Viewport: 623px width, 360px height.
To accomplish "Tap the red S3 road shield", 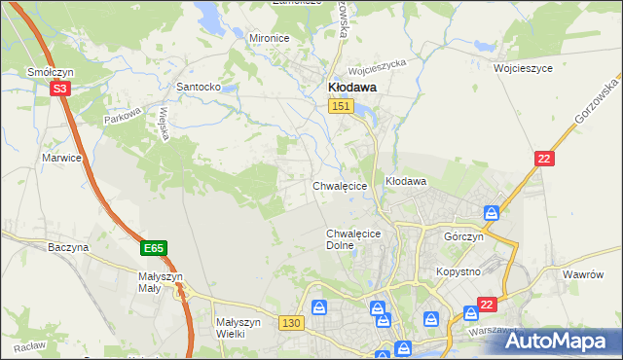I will (x=60, y=89).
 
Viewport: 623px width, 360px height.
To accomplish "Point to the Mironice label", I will (x=270, y=38).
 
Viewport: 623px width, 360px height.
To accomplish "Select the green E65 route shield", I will (x=153, y=249).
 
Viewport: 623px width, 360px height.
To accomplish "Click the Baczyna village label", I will (x=68, y=247).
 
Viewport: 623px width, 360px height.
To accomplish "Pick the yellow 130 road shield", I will (x=290, y=322).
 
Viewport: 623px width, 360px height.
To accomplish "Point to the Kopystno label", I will (x=458, y=271).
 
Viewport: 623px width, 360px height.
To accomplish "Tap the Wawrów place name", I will (x=584, y=274).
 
